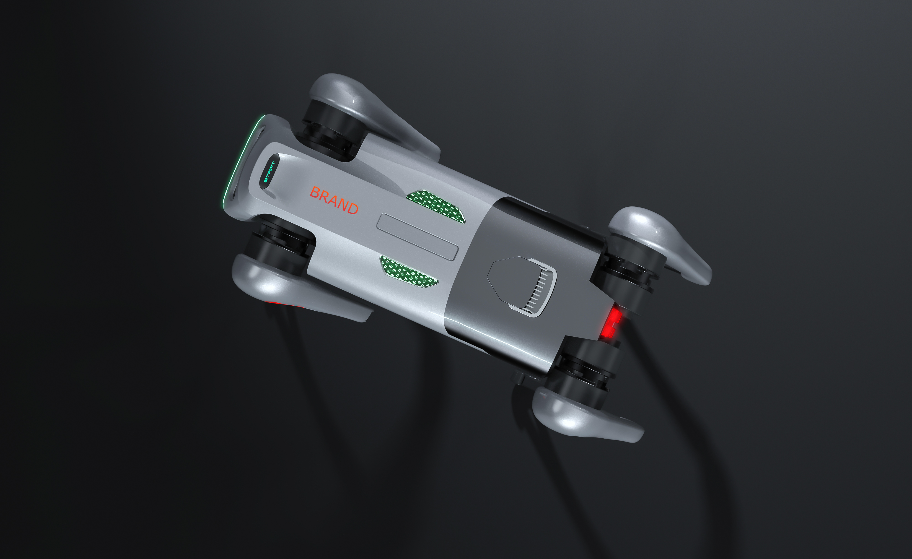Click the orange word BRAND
[x=334, y=200]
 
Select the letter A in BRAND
[x=333, y=200]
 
